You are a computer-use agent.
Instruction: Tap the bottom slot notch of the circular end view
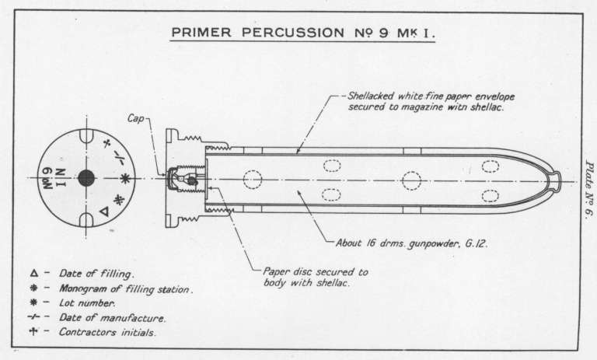[86, 221]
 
